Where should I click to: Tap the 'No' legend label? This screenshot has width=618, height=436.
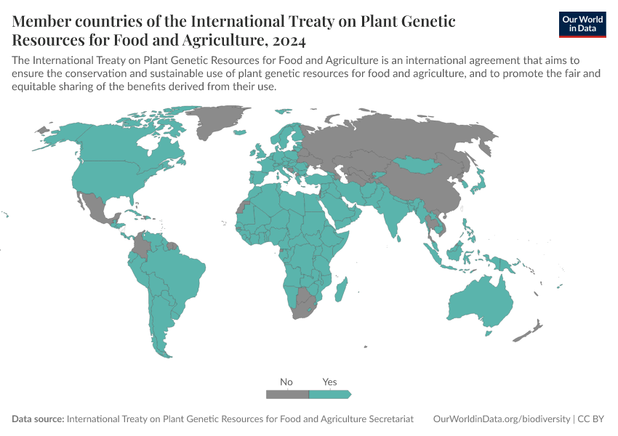pos(286,381)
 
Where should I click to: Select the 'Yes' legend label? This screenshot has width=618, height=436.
pos(329,381)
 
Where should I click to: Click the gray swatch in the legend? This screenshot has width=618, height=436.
pos(287,394)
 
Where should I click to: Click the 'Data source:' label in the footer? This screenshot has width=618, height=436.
pos(38,419)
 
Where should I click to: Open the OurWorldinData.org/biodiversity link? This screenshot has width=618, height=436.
pos(501,419)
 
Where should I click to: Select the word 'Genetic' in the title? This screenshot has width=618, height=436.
pos(422,21)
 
